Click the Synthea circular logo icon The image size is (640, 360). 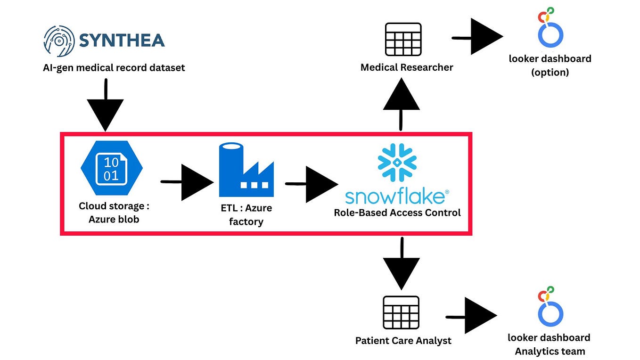point(59,41)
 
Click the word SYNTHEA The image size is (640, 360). point(122,40)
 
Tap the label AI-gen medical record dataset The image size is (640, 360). point(114,68)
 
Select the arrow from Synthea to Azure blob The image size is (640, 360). point(106,105)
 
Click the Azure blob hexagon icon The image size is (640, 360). point(112,168)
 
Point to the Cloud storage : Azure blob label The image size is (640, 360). point(114,213)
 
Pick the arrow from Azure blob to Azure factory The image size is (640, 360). point(187,182)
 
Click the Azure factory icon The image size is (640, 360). point(246,170)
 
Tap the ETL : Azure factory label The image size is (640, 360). point(246,214)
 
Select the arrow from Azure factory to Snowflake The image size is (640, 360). point(312,184)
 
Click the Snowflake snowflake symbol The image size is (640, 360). point(397,162)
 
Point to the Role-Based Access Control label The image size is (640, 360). point(397,213)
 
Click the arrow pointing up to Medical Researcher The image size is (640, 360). point(401,104)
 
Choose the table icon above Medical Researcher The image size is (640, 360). point(403,40)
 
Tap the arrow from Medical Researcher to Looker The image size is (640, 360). point(477,37)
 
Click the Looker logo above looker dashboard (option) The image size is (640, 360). point(550,27)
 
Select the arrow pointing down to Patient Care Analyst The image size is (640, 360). point(402,264)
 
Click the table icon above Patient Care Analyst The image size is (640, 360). point(401,312)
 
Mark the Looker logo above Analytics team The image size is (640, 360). point(550,307)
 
